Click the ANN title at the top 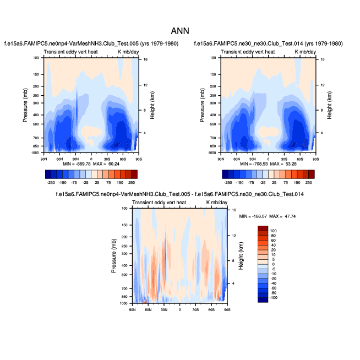[x=180, y=31]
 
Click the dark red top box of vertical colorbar [x=263, y=227]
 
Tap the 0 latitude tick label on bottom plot [x=180, y=310]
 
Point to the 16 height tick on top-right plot [x=323, y=59]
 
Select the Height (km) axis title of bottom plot [x=241, y=257]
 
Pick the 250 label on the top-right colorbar [x=308, y=181]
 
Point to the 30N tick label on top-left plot [x=75, y=159]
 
